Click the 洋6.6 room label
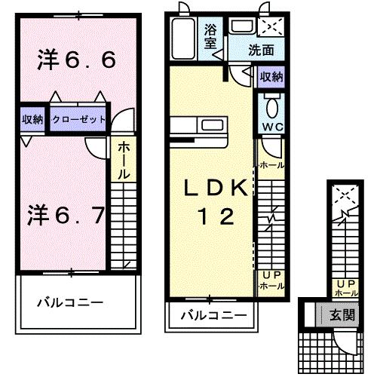(76, 60)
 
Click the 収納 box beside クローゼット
(32, 119)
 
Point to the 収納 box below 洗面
(272, 77)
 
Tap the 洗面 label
(261, 52)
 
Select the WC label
(272, 125)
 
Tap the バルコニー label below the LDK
(213, 314)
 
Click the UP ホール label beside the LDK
(271, 281)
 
